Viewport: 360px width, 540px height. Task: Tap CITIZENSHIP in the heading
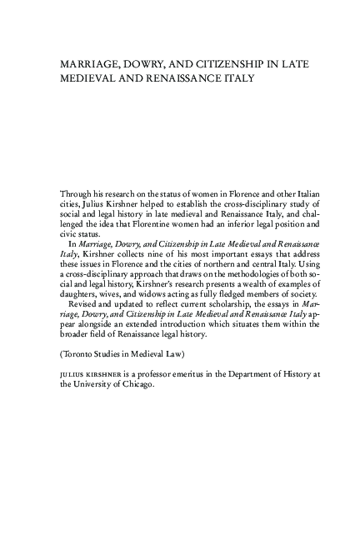click(x=222, y=62)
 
